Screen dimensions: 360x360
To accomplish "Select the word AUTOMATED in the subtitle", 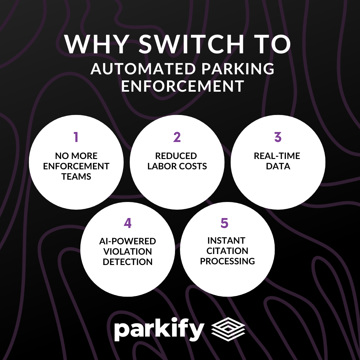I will pyautogui.click(x=143, y=69).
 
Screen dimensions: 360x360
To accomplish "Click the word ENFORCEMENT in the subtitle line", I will pyautogui.click(x=182, y=86).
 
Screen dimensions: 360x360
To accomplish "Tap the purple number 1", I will pyautogui.click(x=76, y=137).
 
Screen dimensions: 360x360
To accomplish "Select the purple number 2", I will pyautogui.click(x=177, y=137).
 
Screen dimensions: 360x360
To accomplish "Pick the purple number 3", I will pyautogui.click(x=278, y=137).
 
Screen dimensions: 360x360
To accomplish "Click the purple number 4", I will pyautogui.click(x=127, y=223).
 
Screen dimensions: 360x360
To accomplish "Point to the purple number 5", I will pyautogui.click(x=224, y=223).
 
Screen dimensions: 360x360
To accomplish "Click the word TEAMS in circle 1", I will pyautogui.click(x=76, y=177).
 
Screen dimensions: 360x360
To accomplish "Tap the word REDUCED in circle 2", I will pyautogui.click(x=177, y=156).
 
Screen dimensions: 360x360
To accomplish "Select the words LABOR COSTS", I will pyautogui.click(x=177, y=166).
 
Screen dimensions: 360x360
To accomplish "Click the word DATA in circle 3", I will pyautogui.click(x=278, y=166).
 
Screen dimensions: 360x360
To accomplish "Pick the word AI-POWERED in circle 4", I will pyautogui.click(x=127, y=241).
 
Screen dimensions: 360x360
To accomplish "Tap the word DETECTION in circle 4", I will pyautogui.click(x=127, y=262).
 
